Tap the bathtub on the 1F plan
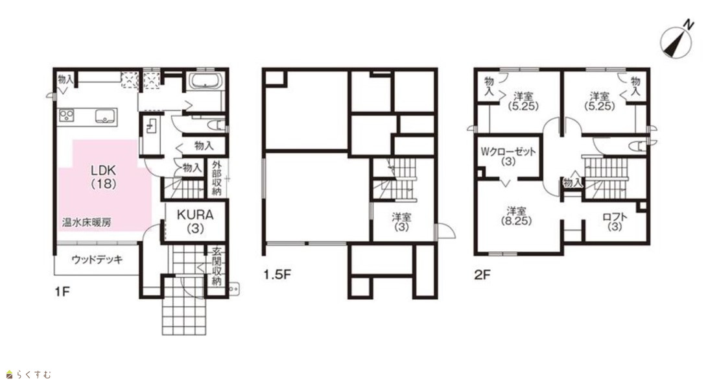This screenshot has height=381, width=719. coord(206,80)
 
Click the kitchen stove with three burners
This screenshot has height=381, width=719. coord(67,116)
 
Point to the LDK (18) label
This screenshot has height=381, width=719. coord(103,177)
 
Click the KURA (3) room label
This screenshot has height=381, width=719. coord(196,221)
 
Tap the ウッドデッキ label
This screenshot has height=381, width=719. coord(97,260)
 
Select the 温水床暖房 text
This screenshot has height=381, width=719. coord(87,223)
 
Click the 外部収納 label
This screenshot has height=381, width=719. coord(217,178)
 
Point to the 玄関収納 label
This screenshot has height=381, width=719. coord(217,267)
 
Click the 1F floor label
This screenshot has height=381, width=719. coord(62,291)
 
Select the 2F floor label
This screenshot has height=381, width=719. coord(482,275)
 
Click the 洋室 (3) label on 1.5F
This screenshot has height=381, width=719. coord(402,221)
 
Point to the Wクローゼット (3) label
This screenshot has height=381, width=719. coord(508,156)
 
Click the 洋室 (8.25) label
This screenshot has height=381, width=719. coord(516,215)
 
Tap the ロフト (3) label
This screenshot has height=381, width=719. coord(615,221)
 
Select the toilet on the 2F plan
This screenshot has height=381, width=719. coord(638,147)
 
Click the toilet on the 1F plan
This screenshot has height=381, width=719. coord(217,125)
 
